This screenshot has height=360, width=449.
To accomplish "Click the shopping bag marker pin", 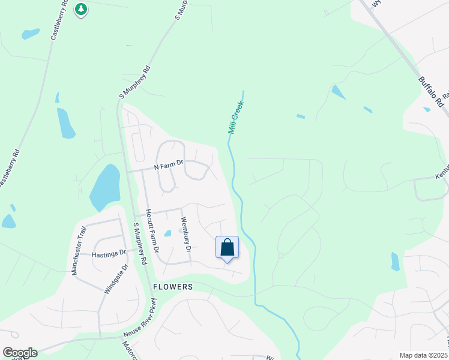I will pyautogui.click(x=227, y=248).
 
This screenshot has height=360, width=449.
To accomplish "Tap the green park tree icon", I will pyautogui.click(x=81, y=10).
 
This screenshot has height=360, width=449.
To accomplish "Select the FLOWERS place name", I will pyautogui.click(x=173, y=287).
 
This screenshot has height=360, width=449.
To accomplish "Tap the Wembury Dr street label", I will pyautogui.click(x=187, y=234).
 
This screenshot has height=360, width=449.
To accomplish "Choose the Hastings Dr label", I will pyautogui.click(x=109, y=254).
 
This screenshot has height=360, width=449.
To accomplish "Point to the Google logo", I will pyautogui.click(x=20, y=353).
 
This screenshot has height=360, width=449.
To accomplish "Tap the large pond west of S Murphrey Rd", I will pyautogui.click(x=105, y=187).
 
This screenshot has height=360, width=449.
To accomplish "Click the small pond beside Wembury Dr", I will pyautogui.click(x=168, y=233).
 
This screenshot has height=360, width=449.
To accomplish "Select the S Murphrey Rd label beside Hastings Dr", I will pyautogui.click(x=139, y=243).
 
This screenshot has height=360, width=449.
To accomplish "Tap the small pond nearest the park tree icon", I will pyautogui.click(x=31, y=34).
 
